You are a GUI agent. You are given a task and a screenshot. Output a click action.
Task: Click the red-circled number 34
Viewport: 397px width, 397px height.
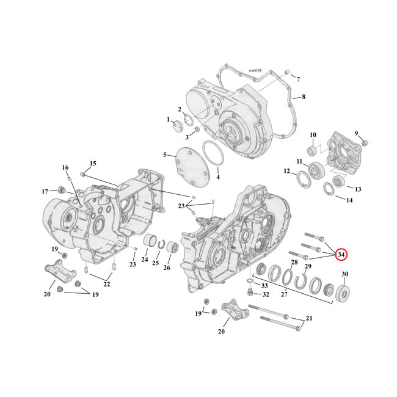[x=341, y=253]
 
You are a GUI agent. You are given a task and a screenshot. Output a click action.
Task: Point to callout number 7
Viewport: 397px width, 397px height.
[x=298, y=79]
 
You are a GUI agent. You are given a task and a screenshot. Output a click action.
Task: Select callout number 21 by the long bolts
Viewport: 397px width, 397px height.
[x=308, y=319]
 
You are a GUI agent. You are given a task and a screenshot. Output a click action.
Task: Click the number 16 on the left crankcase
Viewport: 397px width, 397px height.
[x=65, y=167]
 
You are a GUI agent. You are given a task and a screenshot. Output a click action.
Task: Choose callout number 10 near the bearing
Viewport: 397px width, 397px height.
[x=312, y=135]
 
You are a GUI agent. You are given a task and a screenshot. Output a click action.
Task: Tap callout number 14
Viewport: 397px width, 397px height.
[x=349, y=200]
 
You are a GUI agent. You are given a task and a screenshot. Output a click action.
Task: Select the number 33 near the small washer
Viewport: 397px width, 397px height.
[x=264, y=285]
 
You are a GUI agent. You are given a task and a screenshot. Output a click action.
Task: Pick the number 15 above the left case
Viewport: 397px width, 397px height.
[x=93, y=163]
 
